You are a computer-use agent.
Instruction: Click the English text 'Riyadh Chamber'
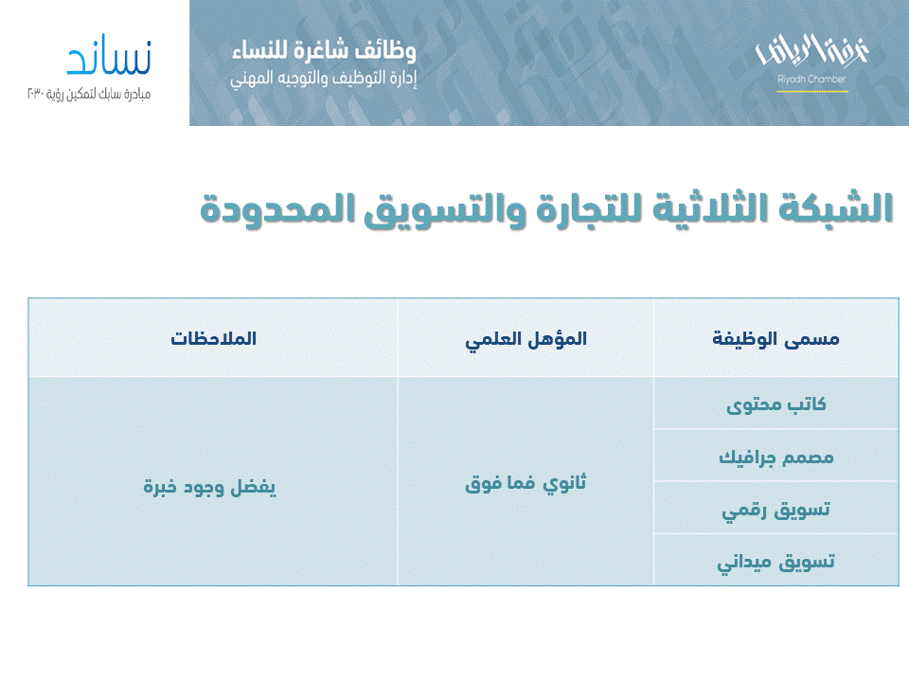(x=811, y=80)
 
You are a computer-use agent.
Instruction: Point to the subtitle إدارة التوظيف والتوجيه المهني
(x=323, y=79)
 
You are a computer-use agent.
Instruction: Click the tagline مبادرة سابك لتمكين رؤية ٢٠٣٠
(x=88, y=94)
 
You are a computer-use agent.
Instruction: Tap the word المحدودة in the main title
(x=268, y=208)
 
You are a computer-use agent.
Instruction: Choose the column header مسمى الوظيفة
(x=775, y=339)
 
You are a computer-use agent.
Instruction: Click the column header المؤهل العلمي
(x=526, y=339)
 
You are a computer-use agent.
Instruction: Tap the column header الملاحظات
(x=214, y=339)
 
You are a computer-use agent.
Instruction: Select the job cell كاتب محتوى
(x=775, y=404)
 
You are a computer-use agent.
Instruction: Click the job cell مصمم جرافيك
(x=775, y=457)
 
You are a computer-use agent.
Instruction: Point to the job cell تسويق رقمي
(x=775, y=509)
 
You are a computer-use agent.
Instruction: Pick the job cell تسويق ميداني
(x=775, y=562)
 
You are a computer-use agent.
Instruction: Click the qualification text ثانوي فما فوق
(x=526, y=484)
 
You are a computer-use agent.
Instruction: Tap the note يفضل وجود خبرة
(x=209, y=486)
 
